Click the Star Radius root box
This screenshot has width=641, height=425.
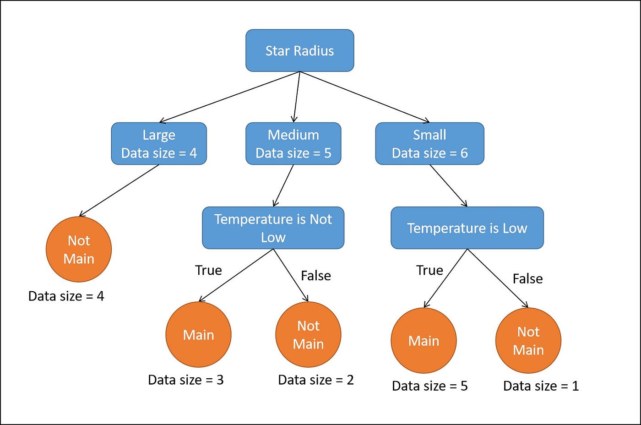(299, 51)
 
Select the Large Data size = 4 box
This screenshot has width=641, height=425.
(159, 144)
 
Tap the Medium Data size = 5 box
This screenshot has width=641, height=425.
(293, 144)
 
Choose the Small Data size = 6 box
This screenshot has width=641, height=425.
(429, 144)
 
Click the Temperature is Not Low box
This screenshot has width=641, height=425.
(273, 228)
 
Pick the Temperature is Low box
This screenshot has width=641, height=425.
(467, 228)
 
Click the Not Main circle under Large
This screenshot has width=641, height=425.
(79, 250)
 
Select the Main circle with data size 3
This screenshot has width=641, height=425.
(198, 335)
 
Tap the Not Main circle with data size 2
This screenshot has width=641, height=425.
(308, 335)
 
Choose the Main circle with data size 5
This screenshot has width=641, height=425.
(424, 341)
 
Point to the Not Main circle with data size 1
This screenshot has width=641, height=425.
(528, 341)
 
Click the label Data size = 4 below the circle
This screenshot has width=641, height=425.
(66, 296)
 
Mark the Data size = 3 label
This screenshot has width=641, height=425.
(186, 380)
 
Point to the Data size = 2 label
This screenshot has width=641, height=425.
(316, 380)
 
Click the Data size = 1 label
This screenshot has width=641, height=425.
(541, 386)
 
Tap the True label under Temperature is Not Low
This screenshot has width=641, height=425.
(208, 270)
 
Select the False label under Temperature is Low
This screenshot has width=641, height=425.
(527, 278)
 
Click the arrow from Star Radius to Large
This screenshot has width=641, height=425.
(229, 97)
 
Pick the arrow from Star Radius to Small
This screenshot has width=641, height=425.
(364, 97)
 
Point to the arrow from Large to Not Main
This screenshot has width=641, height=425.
(119, 190)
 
